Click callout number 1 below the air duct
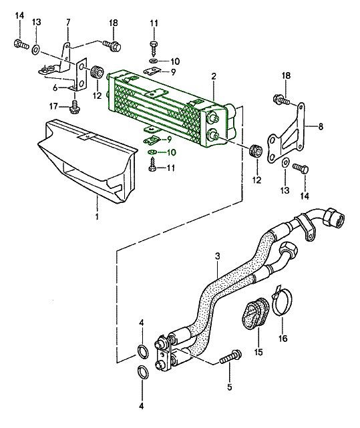97,217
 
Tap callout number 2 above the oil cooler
214,76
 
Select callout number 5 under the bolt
230,387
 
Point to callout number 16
283,339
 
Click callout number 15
258,352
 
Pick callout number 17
54,106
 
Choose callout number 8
321,126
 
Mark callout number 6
55,88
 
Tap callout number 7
68,22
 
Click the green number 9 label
170,140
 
